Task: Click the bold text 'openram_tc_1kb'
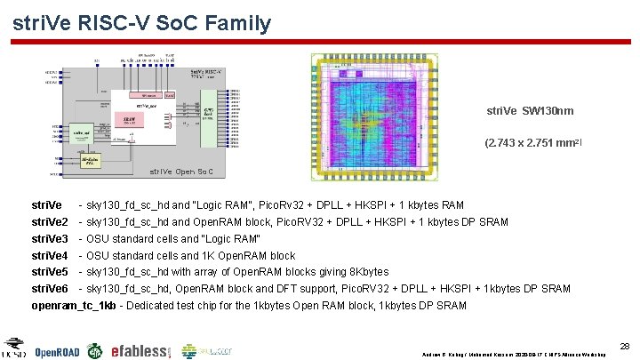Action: click(x=74, y=306)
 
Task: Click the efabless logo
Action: click(x=140, y=351)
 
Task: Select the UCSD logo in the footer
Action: click(x=14, y=348)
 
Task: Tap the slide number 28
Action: click(x=624, y=344)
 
